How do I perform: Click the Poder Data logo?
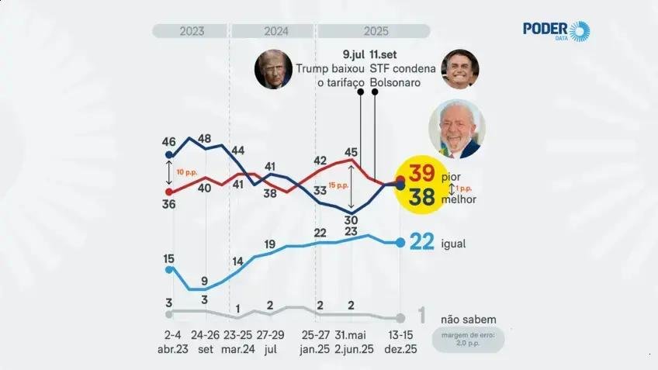pos(556,31)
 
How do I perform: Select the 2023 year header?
pos(192,32)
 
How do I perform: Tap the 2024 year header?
pos(272,32)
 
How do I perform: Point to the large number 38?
pos(421,199)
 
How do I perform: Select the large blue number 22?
pos(421,243)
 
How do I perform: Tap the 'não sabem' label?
pos(468,319)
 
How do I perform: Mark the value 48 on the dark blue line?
pos(205,139)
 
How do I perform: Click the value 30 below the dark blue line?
pos(351,220)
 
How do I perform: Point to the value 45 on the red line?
pos(351,152)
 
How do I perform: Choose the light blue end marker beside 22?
pos(400,243)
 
